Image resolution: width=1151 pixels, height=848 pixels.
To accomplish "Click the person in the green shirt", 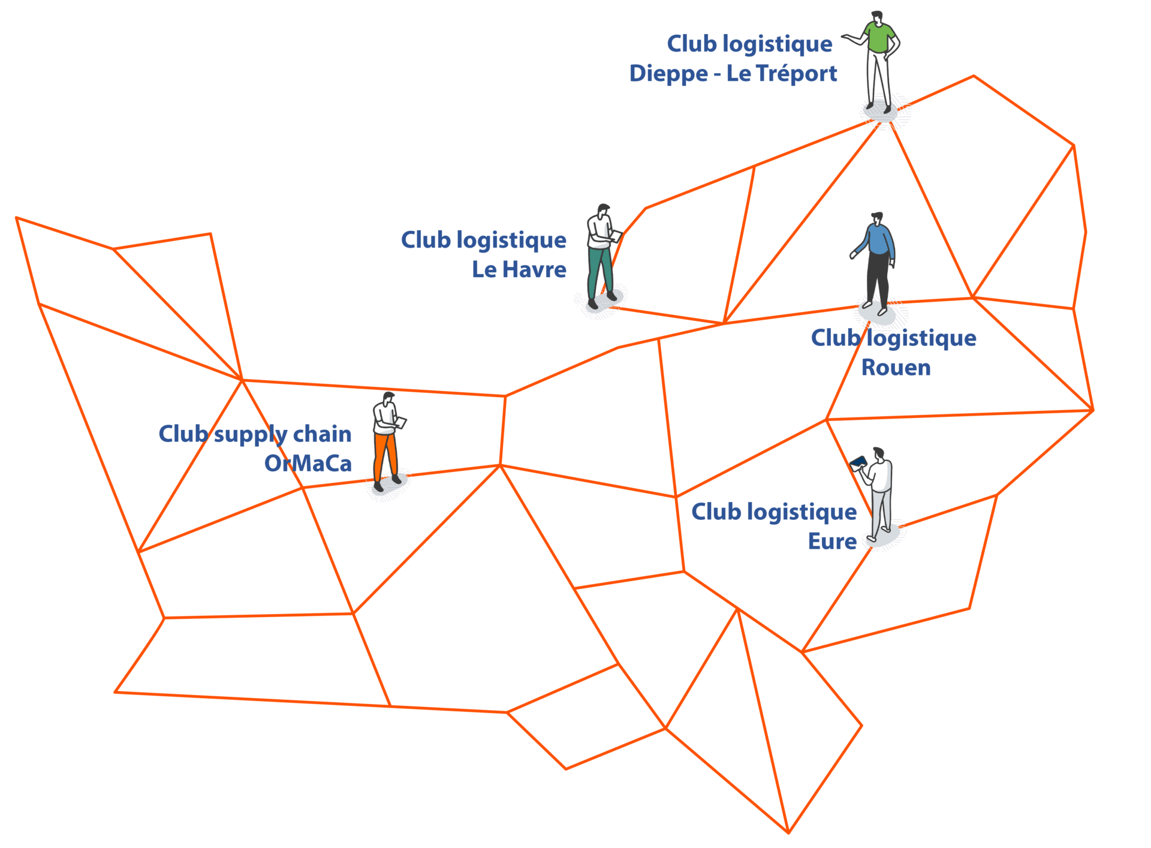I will [x=878, y=60].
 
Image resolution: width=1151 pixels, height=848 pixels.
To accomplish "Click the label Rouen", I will [x=896, y=368].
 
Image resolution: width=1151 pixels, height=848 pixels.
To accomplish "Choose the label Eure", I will [x=832, y=542].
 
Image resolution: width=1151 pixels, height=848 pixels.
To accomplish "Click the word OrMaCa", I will [x=308, y=464].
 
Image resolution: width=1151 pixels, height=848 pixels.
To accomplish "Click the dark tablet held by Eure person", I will [x=859, y=461].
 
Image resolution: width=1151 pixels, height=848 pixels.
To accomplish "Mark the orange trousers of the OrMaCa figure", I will [x=384, y=456].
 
